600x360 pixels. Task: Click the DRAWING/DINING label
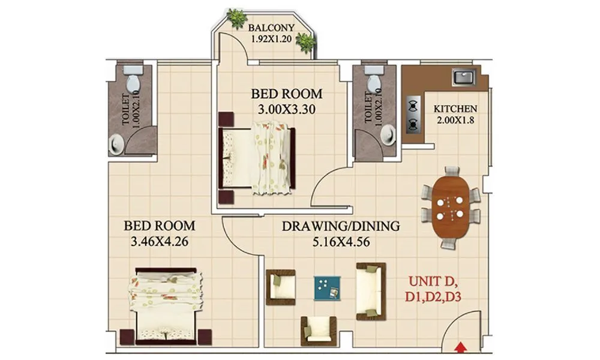point(340,226)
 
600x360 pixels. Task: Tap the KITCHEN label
point(455,109)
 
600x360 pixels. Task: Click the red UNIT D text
point(433,280)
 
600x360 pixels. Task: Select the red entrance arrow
point(461,346)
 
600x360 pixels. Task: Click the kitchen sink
point(464,77)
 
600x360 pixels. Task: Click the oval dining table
point(450,207)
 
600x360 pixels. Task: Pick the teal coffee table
point(327,288)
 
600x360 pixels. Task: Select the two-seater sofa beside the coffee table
point(370,290)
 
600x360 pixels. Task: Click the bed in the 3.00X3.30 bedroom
point(258,158)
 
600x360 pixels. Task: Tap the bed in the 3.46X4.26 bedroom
point(166,306)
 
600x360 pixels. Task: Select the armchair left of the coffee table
point(281,287)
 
